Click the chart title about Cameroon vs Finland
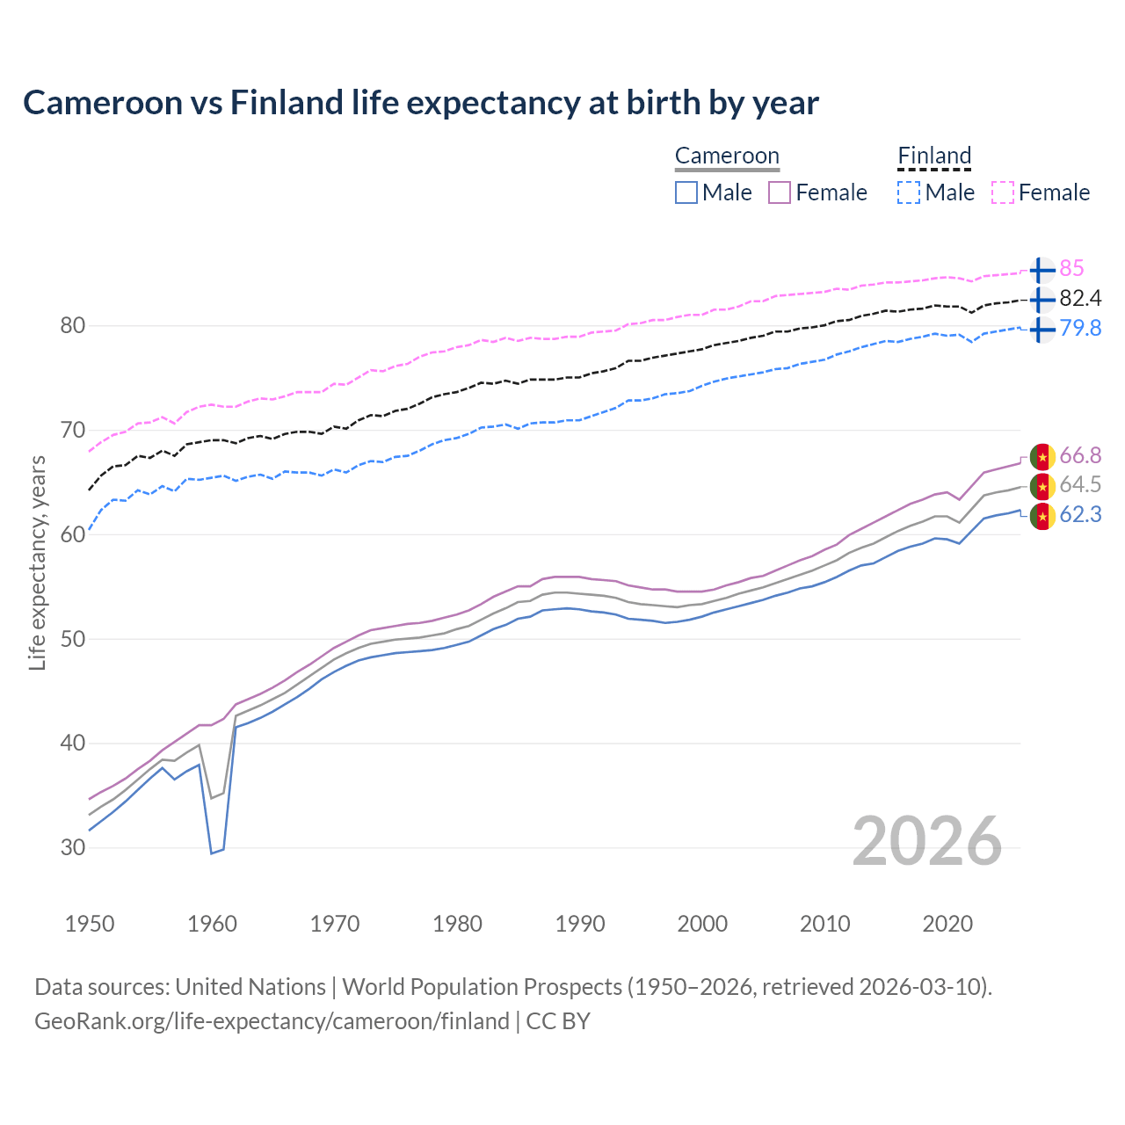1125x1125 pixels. click(x=421, y=103)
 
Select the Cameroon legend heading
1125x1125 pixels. click(x=727, y=156)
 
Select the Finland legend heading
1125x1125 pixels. click(x=934, y=156)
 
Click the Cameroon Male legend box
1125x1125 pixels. click(x=686, y=192)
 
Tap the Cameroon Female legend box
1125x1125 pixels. click(x=780, y=192)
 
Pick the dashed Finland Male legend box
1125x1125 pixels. click(x=909, y=192)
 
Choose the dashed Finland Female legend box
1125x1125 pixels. click(x=1003, y=192)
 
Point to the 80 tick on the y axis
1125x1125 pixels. click(x=73, y=326)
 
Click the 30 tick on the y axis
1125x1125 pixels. click(x=73, y=848)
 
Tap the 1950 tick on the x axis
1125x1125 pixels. click(x=90, y=924)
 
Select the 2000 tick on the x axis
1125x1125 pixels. click(x=702, y=924)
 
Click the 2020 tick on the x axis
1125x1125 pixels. click(x=947, y=924)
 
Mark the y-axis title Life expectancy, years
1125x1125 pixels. click(x=37, y=562)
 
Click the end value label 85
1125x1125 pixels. click(x=1071, y=269)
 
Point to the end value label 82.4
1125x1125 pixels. click(x=1080, y=299)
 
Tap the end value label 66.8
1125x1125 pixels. click(x=1080, y=455)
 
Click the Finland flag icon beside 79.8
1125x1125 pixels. click(x=1042, y=330)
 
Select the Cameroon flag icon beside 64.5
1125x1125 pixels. click(x=1042, y=485)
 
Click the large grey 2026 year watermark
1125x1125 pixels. click(x=927, y=841)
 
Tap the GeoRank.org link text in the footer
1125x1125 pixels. click(x=272, y=1021)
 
